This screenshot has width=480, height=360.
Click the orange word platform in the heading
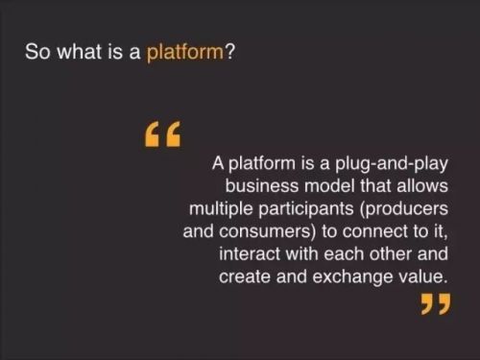coord(185,52)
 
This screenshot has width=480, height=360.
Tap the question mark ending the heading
coord(229,51)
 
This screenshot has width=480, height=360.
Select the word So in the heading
coord(37,52)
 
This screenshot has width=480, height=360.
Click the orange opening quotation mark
coord(162,133)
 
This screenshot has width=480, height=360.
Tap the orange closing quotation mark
coord(436,304)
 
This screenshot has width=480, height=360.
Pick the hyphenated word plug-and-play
coord(391,164)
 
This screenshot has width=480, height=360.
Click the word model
coord(329,185)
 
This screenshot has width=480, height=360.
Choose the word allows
coord(422,185)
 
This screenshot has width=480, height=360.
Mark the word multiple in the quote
coord(221,209)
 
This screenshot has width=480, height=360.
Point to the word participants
coord(305,209)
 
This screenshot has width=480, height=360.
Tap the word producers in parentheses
coord(404,209)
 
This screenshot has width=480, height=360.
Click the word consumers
coord(265,232)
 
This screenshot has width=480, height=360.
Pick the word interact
coord(250,254)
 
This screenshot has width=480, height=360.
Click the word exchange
coord(352,277)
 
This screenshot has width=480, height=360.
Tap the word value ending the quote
coord(422,276)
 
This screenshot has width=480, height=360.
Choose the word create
coord(245,277)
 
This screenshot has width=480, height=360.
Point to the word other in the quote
coord(391,254)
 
